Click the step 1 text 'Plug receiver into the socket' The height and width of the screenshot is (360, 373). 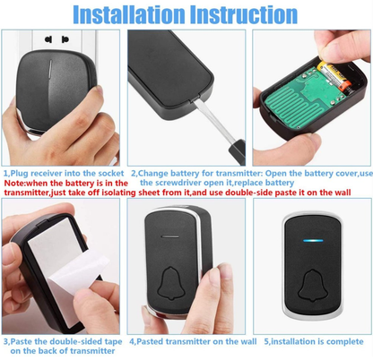(68, 171)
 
